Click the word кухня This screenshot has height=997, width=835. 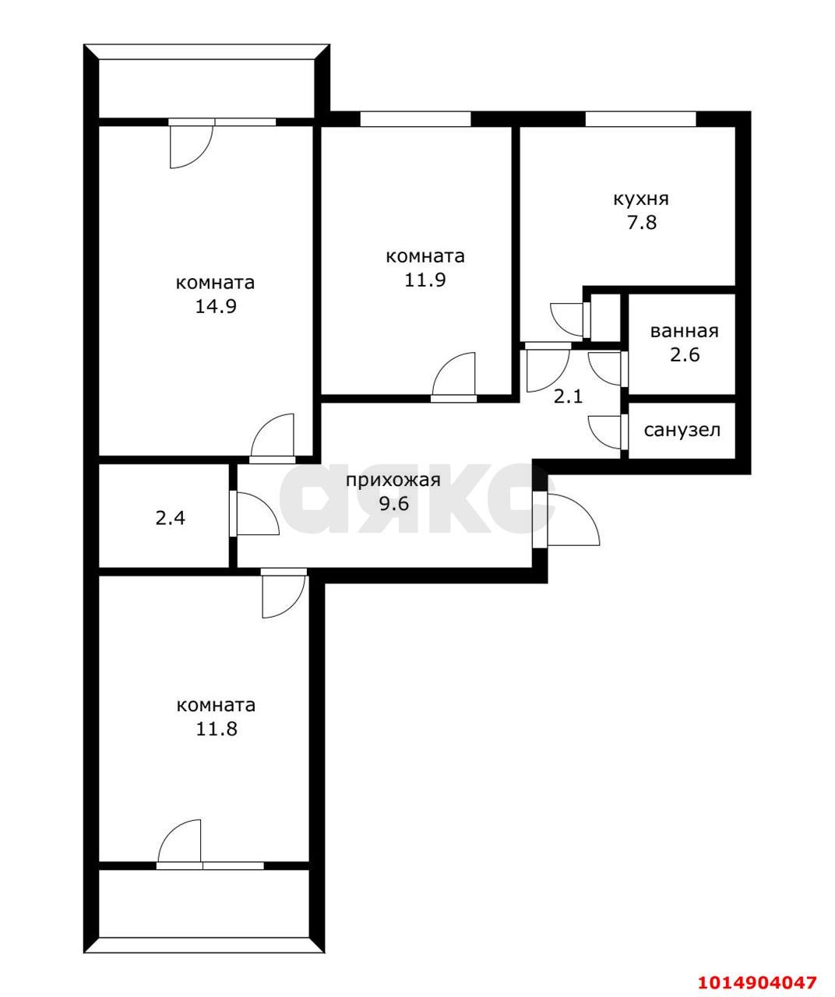(640, 199)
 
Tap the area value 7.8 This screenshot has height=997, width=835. (640, 223)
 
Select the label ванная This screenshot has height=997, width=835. (684, 331)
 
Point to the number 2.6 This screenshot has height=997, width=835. (684, 355)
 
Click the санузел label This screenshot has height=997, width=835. (682, 430)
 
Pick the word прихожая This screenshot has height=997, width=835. (393, 480)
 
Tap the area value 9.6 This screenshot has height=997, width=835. (393, 503)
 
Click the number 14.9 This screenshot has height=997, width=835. (216, 306)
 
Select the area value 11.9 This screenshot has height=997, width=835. (425, 280)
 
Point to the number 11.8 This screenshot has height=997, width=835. (216, 730)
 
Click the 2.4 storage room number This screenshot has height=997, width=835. (170, 517)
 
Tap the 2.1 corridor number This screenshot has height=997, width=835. (568, 396)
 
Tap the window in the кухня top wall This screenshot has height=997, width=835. (640, 119)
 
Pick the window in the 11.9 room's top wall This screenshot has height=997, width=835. (415, 119)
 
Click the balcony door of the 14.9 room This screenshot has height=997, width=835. (189, 143)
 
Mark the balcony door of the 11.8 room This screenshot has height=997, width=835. (181, 844)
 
